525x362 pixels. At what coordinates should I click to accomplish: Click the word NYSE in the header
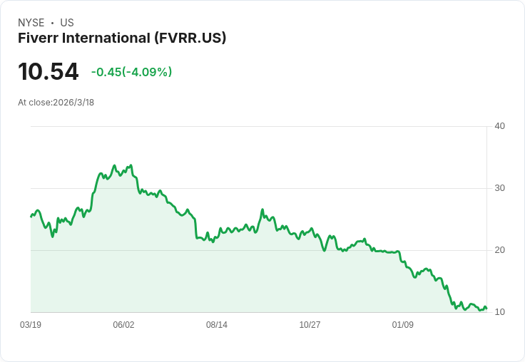31,23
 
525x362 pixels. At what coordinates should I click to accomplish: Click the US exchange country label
67,23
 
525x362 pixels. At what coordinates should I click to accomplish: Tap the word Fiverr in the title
41,38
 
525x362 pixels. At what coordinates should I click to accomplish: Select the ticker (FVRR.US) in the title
190,38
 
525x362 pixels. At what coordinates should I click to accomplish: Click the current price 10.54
48,72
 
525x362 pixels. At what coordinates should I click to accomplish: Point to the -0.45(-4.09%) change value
131,72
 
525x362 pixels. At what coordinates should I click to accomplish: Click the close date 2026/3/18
73,103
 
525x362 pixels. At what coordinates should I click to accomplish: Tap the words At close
34,103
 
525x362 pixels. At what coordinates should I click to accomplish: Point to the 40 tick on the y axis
499,126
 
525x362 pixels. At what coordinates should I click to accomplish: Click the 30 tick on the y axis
499,188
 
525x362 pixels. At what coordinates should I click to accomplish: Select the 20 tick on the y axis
499,250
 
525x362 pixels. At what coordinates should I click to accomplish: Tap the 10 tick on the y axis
499,312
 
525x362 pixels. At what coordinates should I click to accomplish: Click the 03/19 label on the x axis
31,325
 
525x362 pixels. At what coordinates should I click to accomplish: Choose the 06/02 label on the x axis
123,325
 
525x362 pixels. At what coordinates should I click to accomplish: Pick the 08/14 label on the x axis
217,325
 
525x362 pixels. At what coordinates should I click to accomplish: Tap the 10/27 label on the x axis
310,325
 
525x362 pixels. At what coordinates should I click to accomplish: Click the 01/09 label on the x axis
403,325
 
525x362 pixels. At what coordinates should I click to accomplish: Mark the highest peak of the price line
114,165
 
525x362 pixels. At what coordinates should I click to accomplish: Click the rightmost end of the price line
486,309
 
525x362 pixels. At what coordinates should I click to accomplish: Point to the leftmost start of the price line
31,216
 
